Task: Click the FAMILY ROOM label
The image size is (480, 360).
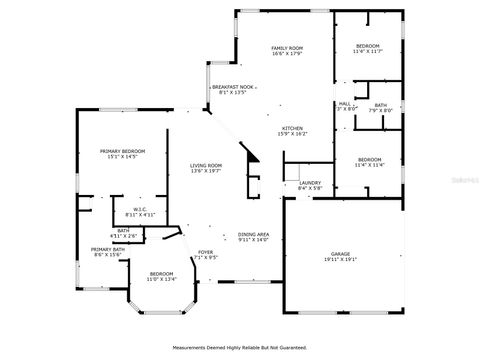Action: pyautogui.click(x=288, y=48)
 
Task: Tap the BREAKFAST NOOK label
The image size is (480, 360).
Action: pyautogui.click(x=231, y=87)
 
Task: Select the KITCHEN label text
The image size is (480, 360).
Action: pyautogui.click(x=292, y=128)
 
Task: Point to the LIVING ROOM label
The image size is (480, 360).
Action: pyautogui.click(x=207, y=165)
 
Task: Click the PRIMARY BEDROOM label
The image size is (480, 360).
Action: pyautogui.click(x=118, y=151)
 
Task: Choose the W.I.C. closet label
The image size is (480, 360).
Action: pyautogui.click(x=113, y=209)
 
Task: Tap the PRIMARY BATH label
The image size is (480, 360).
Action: pyautogui.click(x=108, y=249)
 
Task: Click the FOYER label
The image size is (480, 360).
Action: pyautogui.click(x=205, y=252)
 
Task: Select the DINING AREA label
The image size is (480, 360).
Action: pyautogui.click(x=254, y=234)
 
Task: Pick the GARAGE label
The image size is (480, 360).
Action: pyautogui.click(x=341, y=254)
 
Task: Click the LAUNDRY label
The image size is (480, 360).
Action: pyautogui.click(x=309, y=183)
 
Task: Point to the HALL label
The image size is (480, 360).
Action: pyautogui.click(x=344, y=103)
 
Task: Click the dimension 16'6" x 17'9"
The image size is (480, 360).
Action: pyautogui.click(x=288, y=54)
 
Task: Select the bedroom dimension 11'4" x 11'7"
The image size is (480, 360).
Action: pyautogui.click(x=369, y=52)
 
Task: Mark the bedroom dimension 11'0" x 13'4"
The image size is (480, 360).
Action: pyautogui.click(x=161, y=279)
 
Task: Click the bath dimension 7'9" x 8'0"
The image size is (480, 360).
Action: pyautogui.click(x=380, y=111)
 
